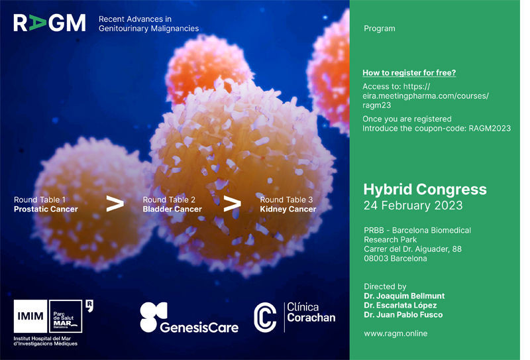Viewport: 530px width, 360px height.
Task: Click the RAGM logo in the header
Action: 49,23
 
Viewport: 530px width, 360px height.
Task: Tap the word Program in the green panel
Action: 379,29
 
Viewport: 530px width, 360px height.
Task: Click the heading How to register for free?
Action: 409,73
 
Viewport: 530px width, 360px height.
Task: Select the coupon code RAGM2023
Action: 490,129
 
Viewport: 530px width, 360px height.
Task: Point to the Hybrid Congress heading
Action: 425,190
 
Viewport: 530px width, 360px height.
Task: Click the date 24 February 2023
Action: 413,206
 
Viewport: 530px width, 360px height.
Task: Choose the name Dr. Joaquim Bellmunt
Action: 404,296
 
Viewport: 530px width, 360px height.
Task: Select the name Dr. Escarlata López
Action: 400,306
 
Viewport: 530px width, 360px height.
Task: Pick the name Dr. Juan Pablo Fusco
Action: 403,315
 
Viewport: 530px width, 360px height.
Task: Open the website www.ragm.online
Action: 396,333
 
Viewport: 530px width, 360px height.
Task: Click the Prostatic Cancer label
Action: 46,209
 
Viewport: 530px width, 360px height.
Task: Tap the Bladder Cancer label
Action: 172,209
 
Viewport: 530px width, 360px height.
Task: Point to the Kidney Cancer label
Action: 288,209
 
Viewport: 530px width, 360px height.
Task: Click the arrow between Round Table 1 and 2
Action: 115,204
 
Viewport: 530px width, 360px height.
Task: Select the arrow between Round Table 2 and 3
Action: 233,204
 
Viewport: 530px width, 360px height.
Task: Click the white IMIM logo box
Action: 30,316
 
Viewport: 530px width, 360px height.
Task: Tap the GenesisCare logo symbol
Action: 154,317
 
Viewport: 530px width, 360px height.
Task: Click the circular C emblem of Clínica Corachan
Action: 266,318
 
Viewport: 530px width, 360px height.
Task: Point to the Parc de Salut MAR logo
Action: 66,316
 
